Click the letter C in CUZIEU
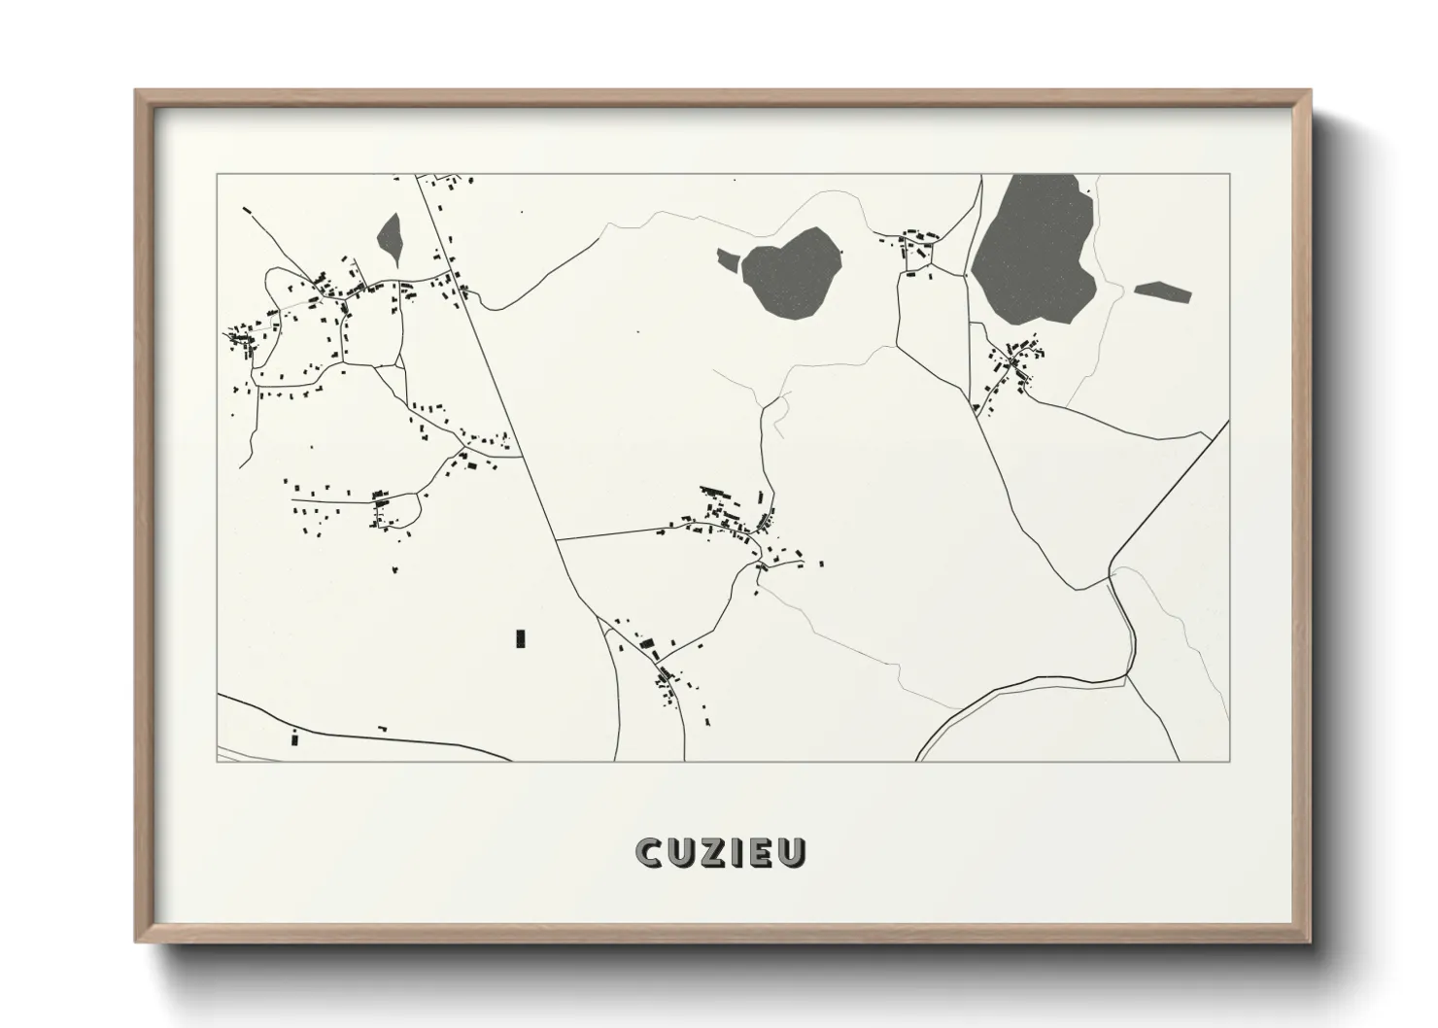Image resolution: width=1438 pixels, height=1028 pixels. click(x=649, y=852)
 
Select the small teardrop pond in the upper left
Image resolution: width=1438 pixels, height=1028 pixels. click(x=390, y=237)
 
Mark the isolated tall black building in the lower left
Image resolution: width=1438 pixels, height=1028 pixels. click(x=521, y=638)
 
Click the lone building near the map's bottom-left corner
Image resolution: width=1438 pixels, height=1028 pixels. click(x=293, y=739)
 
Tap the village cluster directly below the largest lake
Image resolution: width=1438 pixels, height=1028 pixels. click(x=1010, y=364)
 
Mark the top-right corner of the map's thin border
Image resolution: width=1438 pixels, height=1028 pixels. click(x=1229, y=175)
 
